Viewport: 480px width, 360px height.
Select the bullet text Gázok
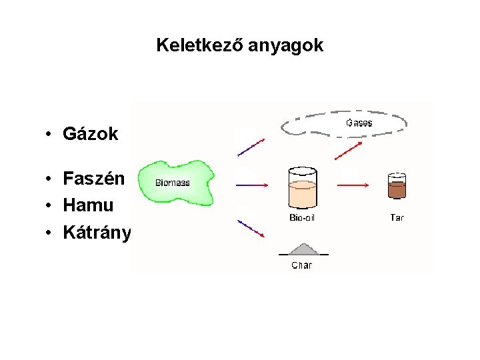[x=90, y=134]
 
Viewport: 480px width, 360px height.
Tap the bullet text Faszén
[x=94, y=179]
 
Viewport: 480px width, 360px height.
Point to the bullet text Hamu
[x=88, y=205]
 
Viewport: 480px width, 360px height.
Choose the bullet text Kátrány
[x=97, y=232]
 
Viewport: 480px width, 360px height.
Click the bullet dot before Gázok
[x=49, y=135]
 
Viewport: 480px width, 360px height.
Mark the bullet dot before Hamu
[x=49, y=206]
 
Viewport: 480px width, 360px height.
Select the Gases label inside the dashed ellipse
[x=359, y=123]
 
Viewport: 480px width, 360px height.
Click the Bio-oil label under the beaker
[x=302, y=218]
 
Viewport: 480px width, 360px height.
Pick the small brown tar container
[x=397, y=187]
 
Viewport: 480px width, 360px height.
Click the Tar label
[x=397, y=217]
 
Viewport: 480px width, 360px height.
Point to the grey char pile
[x=303, y=249]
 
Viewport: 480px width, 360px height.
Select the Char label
[x=301, y=265]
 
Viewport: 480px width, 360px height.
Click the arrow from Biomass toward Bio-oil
[x=251, y=185]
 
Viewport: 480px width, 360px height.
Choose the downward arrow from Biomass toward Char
[x=251, y=229]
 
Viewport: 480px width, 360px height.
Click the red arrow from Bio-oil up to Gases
[x=349, y=151]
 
